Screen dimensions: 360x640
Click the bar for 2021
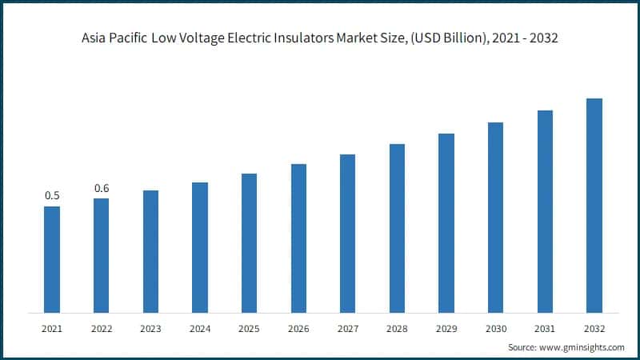pos(52,259)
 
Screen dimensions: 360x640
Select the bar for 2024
pos(200,247)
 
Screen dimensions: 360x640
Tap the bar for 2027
pos(347,234)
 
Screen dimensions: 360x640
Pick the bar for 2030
pos(495,218)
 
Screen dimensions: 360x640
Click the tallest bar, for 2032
pos(594,206)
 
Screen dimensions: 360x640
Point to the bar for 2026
pos(298,238)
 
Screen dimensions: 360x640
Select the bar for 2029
pos(446,223)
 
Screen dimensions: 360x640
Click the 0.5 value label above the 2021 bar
pos(52,196)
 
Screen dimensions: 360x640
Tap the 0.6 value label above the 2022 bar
pos(102,188)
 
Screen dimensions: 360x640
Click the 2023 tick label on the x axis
pos(150,329)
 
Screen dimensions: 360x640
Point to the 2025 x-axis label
pos(249,329)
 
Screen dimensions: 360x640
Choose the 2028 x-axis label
pos(397,329)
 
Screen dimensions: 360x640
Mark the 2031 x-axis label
pos(545,329)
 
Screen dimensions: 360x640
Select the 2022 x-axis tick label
pos(102,329)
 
